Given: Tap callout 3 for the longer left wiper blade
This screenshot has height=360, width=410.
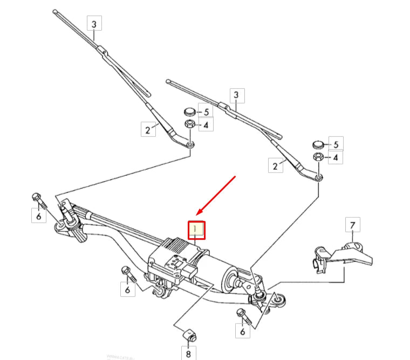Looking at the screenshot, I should pyautogui.click(x=94, y=24).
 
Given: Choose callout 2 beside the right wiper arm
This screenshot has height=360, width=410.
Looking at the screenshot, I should pyautogui.click(x=276, y=165).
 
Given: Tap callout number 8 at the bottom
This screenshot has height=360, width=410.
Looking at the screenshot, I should pyautogui.click(x=188, y=354).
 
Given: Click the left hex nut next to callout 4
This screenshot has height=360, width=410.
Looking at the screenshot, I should pyautogui.click(x=190, y=125).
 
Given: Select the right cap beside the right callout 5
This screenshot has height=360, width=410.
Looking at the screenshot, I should pyautogui.click(x=318, y=144).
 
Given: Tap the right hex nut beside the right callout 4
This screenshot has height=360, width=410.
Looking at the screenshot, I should pyautogui.click(x=318, y=157).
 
